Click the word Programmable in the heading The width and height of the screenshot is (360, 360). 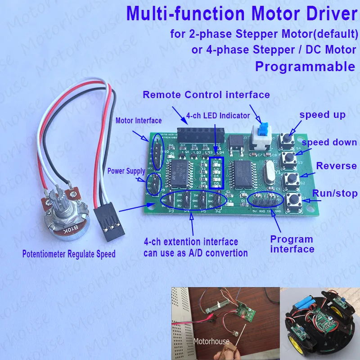pos(305,67)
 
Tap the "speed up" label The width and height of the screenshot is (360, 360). pos(323,115)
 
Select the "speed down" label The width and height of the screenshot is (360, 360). pos(329,143)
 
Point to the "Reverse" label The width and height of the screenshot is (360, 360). pos(336,166)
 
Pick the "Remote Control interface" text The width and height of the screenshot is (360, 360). pos(206,95)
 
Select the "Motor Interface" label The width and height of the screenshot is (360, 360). pos(138,121)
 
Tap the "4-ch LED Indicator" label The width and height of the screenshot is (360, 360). pos(218,116)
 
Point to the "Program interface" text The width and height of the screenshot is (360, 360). pos(292,244)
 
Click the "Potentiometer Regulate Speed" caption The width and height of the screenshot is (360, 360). pos(69,254)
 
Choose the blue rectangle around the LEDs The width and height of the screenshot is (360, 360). pos(216,172)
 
